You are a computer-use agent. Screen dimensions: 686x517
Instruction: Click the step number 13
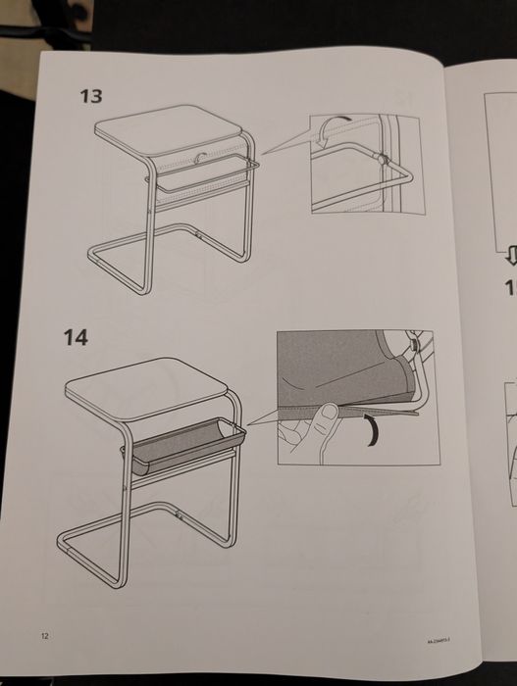[x=92, y=97]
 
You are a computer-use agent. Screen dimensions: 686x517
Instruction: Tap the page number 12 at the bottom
[x=44, y=636]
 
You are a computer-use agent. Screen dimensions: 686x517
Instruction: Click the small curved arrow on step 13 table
[x=201, y=155]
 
